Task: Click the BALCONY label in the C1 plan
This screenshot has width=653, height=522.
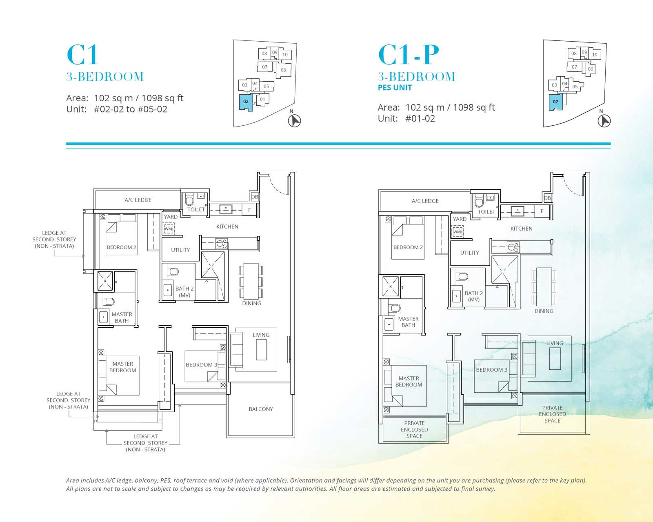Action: click(x=261, y=409)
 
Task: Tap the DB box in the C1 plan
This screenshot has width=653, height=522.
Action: click(x=254, y=197)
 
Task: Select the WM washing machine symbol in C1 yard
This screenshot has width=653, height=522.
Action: click(x=169, y=229)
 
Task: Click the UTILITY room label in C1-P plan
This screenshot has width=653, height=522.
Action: click(x=469, y=253)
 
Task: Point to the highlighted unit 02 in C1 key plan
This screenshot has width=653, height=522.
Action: click(x=246, y=102)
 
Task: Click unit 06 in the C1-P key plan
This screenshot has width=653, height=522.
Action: click(x=590, y=69)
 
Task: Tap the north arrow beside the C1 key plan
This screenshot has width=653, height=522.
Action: click(x=294, y=120)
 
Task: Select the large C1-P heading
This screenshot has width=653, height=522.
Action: click(x=409, y=55)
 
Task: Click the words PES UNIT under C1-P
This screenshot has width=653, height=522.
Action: click(x=395, y=88)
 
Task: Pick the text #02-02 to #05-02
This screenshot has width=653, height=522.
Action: click(x=131, y=109)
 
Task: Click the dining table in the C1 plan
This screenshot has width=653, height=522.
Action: click(x=251, y=281)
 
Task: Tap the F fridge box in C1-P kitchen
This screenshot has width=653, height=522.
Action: click(x=542, y=211)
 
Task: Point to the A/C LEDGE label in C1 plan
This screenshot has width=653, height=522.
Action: click(x=138, y=200)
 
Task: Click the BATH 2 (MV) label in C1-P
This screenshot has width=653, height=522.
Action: click(x=474, y=296)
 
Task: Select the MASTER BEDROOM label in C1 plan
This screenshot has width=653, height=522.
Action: click(x=122, y=367)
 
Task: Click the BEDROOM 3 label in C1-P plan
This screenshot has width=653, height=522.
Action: click(x=491, y=370)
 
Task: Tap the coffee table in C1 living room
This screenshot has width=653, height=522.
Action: click(x=261, y=350)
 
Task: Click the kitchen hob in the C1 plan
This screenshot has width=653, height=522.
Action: click(x=222, y=243)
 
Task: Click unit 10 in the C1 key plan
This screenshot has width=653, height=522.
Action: click(x=285, y=55)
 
